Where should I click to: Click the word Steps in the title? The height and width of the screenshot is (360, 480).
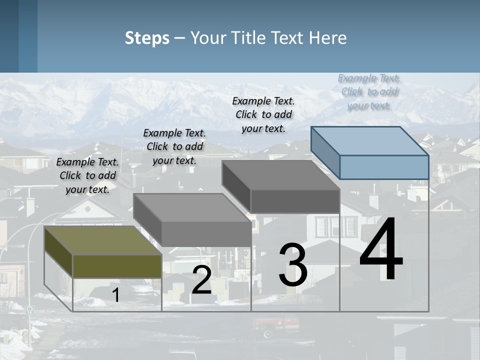147,38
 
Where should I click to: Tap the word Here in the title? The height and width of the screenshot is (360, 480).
328,38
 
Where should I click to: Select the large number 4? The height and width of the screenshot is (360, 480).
381,250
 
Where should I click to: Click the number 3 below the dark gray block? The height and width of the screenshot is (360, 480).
293,265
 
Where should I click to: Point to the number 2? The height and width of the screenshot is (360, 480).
201,280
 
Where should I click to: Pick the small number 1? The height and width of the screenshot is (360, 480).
116,295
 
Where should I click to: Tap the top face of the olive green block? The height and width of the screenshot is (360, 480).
102,240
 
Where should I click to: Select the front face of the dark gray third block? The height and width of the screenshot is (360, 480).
295,201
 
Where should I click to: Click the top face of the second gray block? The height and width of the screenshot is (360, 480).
192,207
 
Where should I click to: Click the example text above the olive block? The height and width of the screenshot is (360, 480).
87,175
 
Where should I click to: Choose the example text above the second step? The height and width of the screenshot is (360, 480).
174,146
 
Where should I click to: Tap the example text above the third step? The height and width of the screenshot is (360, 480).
263,114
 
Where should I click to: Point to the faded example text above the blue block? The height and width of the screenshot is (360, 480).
369,91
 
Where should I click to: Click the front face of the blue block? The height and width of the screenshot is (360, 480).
384,167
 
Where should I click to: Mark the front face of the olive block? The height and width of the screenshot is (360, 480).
117,266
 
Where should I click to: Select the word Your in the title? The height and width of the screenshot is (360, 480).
207,38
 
